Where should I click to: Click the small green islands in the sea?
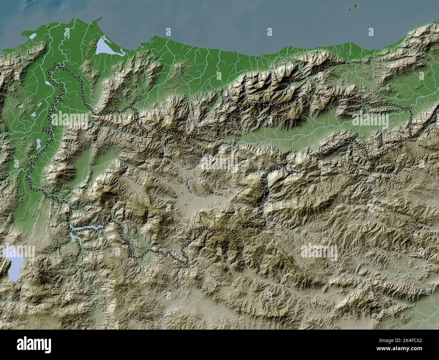(x=355, y=6)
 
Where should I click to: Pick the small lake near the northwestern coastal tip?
(x=33, y=35)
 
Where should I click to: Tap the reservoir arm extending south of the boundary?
(x=76, y=238)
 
